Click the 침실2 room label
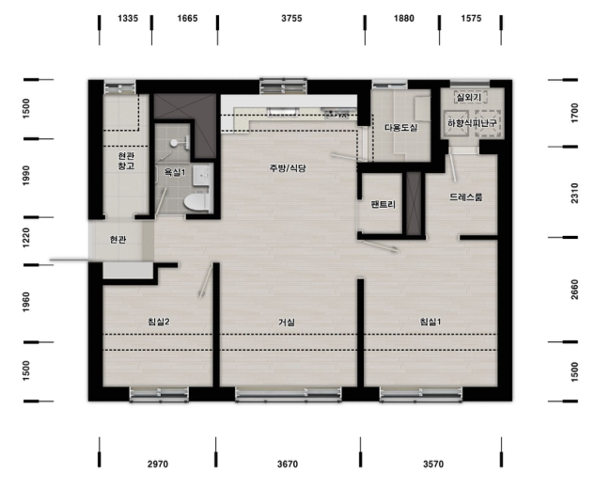(159, 322)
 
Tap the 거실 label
(287, 323)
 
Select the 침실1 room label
(431, 322)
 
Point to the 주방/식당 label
(288, 168)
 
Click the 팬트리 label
(384, 205)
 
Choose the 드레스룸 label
(466, 197)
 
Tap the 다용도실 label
(401, 128)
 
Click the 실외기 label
(469, 98)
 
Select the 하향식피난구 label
(472, 123)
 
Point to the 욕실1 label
(175, 172)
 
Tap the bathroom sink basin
(203, 175)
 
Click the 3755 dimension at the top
(291, 18)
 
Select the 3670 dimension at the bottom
(288, 464)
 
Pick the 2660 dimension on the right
(574, 290)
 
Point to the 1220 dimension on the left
(25, 238)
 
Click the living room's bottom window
(289, 394)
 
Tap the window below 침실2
(159, 394)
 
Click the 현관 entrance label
(117, 240)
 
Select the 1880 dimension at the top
(404, 18)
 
